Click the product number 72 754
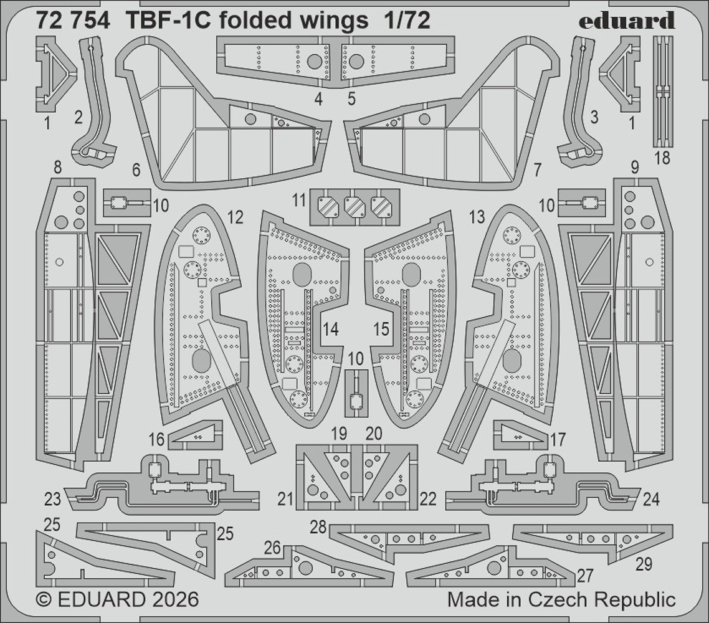pyautogui.click(x=74, y=21)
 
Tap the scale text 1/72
pyautogui.click(x=407, y=21)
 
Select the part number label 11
pyautogui.click(x=299, y=201)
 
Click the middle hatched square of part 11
pyautogui.click(x=354, y=207)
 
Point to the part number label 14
pyautogui.click(x=331, y=329)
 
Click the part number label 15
pyautogui.click(x=382, y=329)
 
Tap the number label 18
pyautogui.click(x=662, y=158)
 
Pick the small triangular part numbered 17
pyautogui.click(x=520, y=434)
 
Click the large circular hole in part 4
pyautogui.click(x=315, y=61)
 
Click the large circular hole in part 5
pyautogui.click(x=356, y=61)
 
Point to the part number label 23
pyautogui.click(x=52, y=499)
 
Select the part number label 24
pyautogui.click(x=650, y=499)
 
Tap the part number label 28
pyautogui.click(x=318, y=527)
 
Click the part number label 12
pyautogui.click(x=235, y=217)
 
